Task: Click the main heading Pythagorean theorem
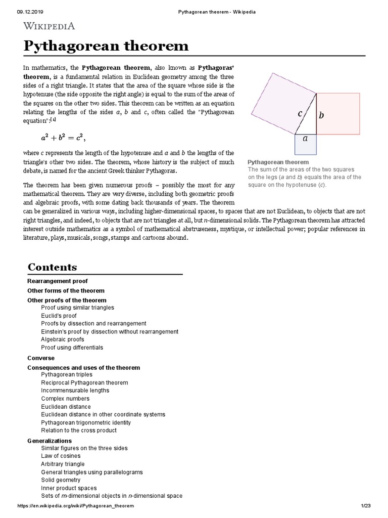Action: [x=106, y=46]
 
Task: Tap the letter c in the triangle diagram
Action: [x=300, y=114]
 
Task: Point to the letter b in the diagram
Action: [x=321, y=115]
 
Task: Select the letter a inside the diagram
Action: [x=305, y=137]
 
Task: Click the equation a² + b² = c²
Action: [x=67, y=137]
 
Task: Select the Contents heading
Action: [x=52, y=267]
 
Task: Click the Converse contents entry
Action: [x=40, y=358]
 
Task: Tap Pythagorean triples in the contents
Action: [x=67, y=374]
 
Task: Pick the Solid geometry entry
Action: [x=61, y=480]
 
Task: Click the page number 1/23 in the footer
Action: [x=366, y=506]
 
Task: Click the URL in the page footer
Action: [x=76, y=506]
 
